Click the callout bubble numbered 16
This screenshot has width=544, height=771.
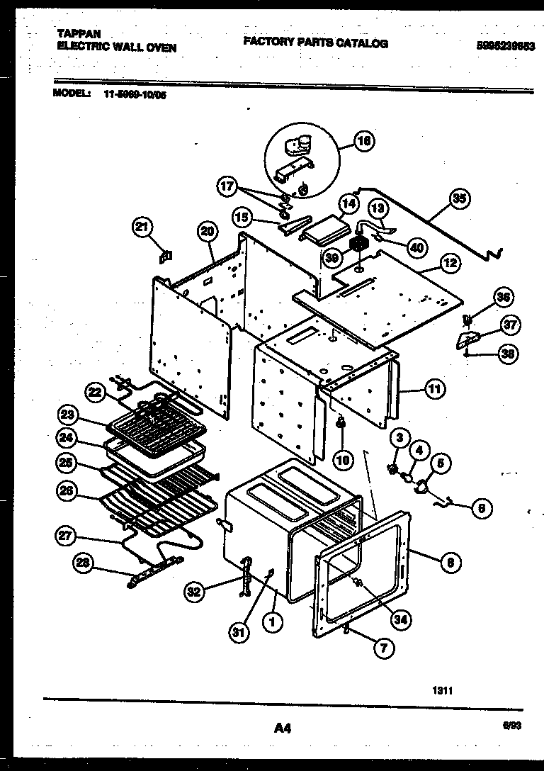tap(364, 141)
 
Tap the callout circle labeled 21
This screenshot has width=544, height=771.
tap(142, 227)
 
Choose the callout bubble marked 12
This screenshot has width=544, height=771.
tap(450, 264)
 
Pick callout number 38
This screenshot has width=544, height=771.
tap(507, 354)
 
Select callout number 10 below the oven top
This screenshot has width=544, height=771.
tap(343, 460)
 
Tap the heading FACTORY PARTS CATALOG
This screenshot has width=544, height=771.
tap(315, 43)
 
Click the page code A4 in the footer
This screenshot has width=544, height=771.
tap(281, 727)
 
